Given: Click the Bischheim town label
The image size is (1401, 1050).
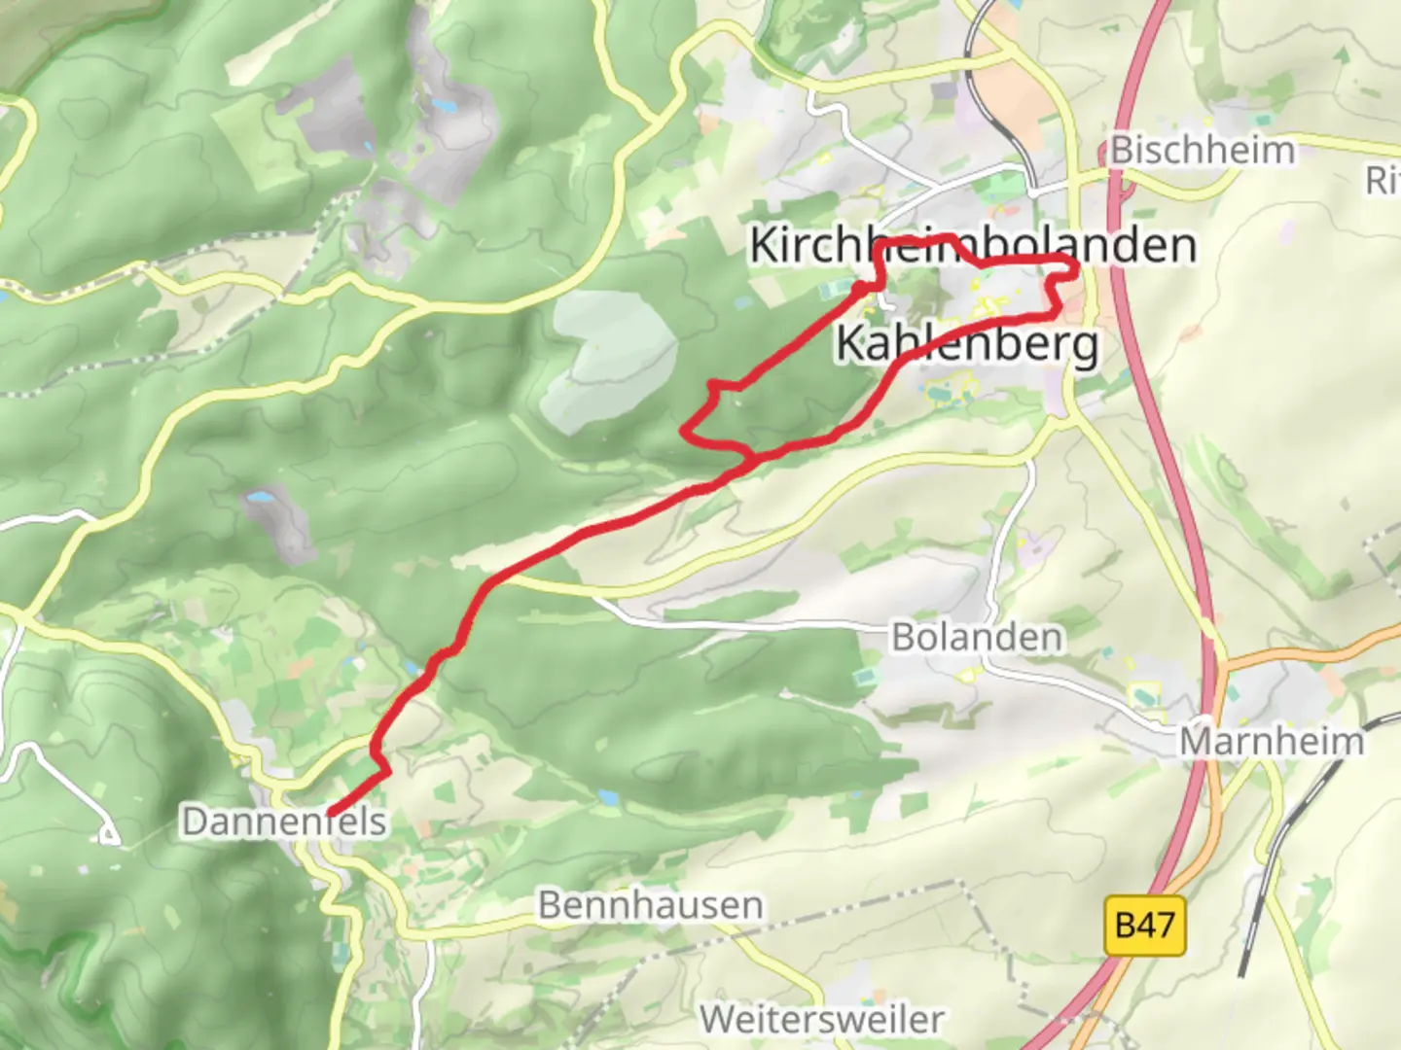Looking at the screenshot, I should (1203, 151).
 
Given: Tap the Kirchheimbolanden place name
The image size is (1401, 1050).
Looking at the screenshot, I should (972, 245).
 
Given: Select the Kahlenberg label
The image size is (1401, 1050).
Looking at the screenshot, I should (967, 344).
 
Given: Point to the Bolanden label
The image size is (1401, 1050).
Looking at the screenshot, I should (977, 638).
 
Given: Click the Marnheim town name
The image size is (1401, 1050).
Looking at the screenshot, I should (1272, 742).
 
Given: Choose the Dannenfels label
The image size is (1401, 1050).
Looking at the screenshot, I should (284, 822).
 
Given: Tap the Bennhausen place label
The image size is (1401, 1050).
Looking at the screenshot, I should (650, 905).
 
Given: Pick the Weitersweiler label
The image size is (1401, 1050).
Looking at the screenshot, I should (821, 1020).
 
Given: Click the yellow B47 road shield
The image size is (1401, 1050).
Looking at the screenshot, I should (1145, 926).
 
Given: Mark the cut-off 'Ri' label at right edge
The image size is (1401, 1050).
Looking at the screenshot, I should (1383, 180).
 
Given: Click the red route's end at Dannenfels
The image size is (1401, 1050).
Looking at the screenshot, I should (332, 813).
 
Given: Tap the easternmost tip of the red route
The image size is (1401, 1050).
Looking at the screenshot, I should (1078, 268).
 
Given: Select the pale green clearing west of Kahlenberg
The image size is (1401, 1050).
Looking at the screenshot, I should (611, 360).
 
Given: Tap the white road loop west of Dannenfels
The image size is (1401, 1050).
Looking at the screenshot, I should (107, 833).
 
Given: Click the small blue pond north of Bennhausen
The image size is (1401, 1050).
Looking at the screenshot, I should (608, 798).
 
